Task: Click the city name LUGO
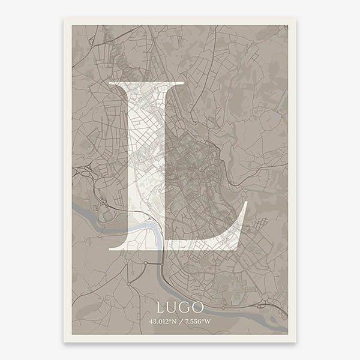(x=180, y=307)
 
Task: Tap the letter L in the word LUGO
(x=161, y=307)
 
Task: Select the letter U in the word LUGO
(x=173, y=307)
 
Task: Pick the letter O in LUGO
(x=198, y=307)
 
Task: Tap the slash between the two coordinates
(x=181, y=322)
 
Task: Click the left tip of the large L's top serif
(x=110, y=82)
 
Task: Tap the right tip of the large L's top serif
(x=184, y=82)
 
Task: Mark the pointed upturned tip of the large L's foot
(x=247, y=202)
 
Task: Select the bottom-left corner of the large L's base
(x=109, y=248)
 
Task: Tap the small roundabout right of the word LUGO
(x=224, y=307)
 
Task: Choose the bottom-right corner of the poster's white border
(x=295, y=341)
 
